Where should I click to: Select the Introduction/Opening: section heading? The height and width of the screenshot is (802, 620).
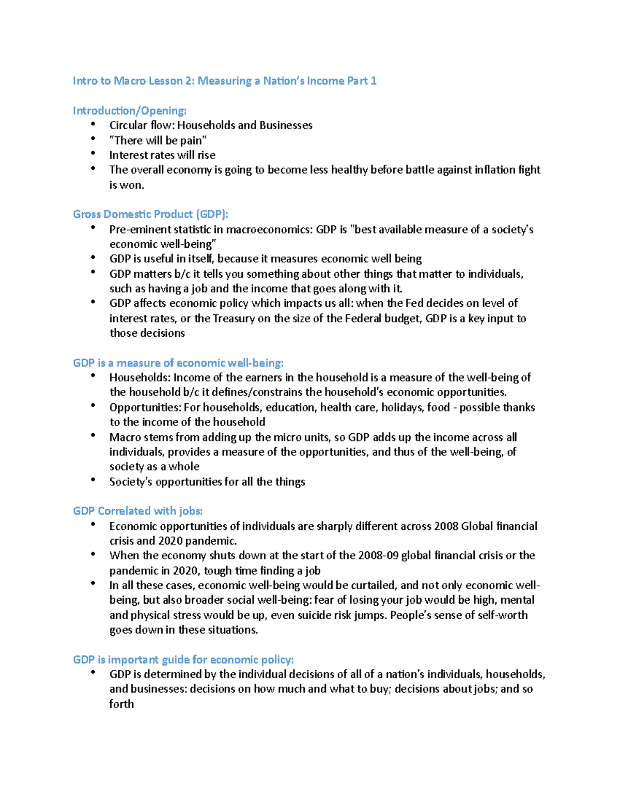point(129,111)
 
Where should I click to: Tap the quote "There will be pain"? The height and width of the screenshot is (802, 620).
point(158,140)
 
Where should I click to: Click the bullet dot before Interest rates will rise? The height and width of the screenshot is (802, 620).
point(93,154)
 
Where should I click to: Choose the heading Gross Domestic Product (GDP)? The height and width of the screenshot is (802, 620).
point(150,214)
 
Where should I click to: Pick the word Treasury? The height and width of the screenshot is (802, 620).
point(233,319)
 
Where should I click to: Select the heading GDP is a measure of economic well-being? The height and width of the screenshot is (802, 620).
point(178,363)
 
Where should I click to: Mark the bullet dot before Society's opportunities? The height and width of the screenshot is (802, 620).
point(93,480)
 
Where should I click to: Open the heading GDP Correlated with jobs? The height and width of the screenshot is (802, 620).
point(137,511)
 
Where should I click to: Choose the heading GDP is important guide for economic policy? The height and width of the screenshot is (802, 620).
point(183,660)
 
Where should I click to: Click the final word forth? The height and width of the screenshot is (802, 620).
point(121,704)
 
